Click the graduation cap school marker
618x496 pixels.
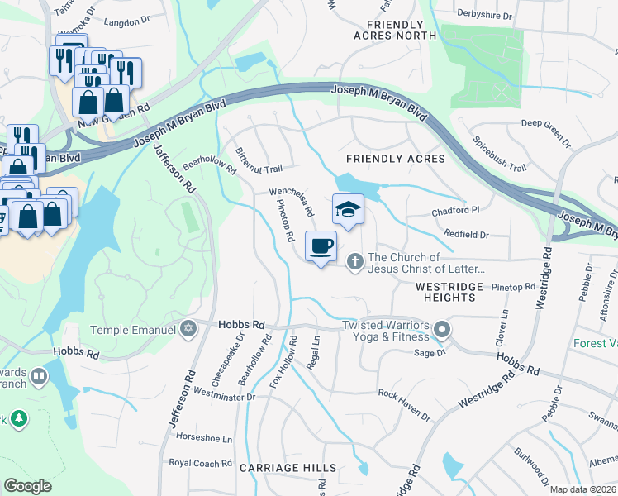[x=348, y=210]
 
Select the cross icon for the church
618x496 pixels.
[x=355, y=262]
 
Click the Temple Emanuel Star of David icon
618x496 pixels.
[x=188, y=328]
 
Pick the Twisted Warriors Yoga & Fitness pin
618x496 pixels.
[x=442, y=331]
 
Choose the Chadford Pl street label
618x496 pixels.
[x=455, y=212]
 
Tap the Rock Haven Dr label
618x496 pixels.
[x=403, y=405]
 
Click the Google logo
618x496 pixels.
[x=28, y=486]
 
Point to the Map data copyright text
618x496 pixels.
[x=582, y=489]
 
